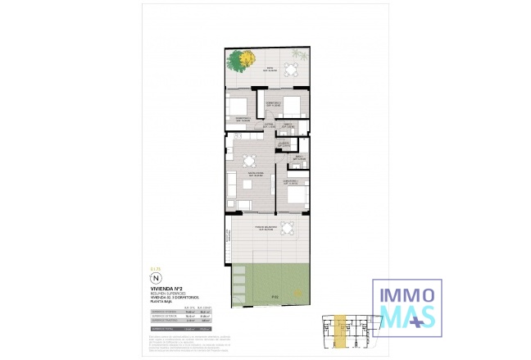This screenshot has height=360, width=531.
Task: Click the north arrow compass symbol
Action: point(157,278)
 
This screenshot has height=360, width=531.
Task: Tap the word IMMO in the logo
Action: point(407,291)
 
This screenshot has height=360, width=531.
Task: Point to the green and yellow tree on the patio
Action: point(241,60)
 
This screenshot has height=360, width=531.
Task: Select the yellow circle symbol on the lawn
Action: point(299,292)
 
